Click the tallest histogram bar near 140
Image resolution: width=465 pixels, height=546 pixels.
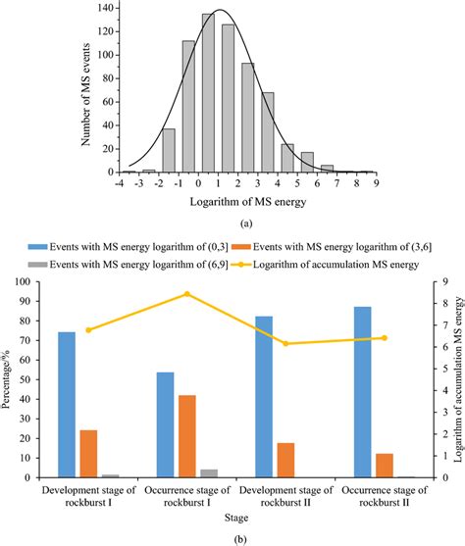pos(209,93)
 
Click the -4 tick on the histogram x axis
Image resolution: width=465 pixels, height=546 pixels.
pos(118,182)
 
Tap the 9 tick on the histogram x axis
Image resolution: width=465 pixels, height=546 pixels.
pos(376,182)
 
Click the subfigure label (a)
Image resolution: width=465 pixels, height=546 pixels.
pos(246,223)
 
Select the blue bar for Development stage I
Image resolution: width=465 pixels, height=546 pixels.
pos(67,391)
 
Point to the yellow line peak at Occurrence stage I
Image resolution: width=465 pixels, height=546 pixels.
pos(187,294)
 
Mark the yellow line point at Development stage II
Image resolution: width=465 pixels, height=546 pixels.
pos(285,343)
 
